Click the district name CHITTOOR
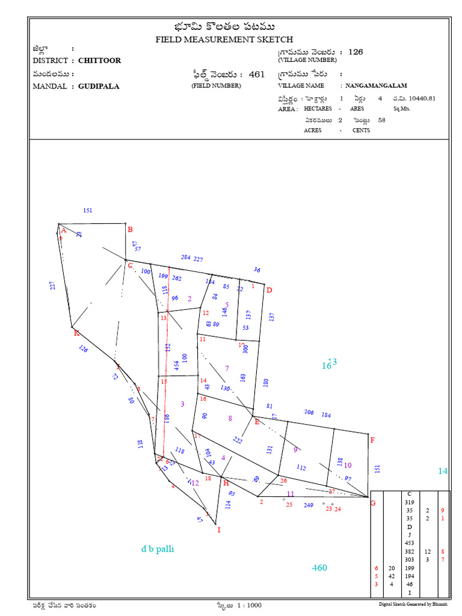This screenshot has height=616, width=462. tap(99, 61)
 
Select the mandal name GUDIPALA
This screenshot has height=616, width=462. tap(99, 86)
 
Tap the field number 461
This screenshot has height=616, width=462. tap(256, 75)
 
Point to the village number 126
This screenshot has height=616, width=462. tap(356, 52)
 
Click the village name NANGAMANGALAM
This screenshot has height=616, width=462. tap(380, 86)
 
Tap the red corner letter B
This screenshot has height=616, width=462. tap(129, 229)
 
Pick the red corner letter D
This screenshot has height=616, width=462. tap(269, 290)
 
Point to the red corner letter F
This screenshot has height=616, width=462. tap(372, 440)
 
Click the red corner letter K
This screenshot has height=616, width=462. tap(76, 333)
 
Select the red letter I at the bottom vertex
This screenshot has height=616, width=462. tap(219, 530)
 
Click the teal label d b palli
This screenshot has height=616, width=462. tap(158, 549)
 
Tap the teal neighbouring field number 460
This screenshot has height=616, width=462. tap(319, 568)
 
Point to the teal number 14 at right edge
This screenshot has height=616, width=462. tap(443, 472)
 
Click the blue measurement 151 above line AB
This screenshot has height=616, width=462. tap(88, 211)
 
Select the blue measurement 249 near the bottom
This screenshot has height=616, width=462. tap(309, 505)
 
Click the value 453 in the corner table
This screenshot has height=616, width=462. tap(410, 543)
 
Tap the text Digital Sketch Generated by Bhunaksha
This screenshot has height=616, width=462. tap(413, 604)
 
